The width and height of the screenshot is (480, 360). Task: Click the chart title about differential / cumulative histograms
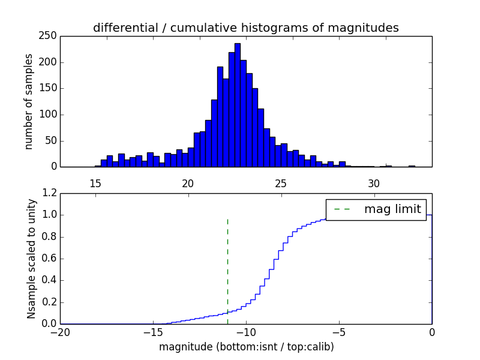[245, 28]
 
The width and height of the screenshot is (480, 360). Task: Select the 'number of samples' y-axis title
[29, 101]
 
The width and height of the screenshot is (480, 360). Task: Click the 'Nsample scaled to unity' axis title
[31, 259]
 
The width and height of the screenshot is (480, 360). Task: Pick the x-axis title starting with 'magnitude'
[246, 347]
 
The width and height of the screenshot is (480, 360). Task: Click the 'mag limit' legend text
[392, 209]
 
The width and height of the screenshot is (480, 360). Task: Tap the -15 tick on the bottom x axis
[153, 332]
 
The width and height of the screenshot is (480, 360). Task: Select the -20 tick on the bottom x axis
[60, 332]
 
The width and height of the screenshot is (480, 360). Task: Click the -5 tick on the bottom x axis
[339, 332]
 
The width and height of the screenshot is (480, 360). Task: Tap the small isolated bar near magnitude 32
[412, 166]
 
